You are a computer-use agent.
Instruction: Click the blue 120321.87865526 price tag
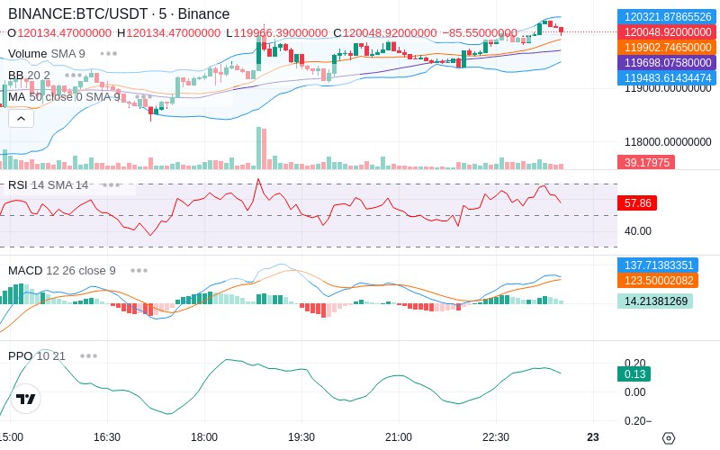(667, 16)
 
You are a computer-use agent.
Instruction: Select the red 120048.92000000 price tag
(667, 32)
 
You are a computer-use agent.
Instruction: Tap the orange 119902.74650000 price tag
(667, 48)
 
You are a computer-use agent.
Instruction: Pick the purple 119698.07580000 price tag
(667, 62)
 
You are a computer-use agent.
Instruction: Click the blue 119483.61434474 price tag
(667, 77)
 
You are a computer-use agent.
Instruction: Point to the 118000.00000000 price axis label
(668, 142)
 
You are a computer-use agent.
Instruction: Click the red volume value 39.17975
(646, 162)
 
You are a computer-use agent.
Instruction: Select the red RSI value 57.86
(637, 203)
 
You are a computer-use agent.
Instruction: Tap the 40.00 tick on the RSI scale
(638, 231)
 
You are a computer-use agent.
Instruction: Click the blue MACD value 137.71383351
(658, 265)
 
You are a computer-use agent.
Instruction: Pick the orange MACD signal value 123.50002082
(658, 280)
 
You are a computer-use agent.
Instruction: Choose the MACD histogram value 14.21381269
(655, 301)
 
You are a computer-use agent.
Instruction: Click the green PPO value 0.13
(634, 374)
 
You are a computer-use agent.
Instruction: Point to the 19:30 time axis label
(301, 437)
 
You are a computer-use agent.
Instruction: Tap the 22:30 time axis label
(496, 437)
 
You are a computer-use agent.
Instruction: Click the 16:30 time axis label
(107, 437)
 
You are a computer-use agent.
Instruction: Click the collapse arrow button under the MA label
(21, 119)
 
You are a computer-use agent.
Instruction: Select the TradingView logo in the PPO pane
(26, 399)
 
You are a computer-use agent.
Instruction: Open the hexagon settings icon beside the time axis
(669, 438)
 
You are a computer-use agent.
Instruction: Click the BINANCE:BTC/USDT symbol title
(78, 13)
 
